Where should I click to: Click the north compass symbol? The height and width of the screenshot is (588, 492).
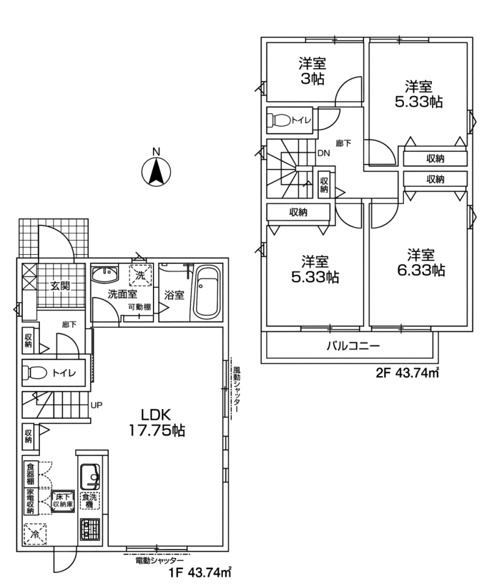156,171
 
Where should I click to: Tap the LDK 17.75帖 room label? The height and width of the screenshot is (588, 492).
157,422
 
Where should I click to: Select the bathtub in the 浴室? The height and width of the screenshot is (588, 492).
206,293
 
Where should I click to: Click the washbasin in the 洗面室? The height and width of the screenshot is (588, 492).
105,275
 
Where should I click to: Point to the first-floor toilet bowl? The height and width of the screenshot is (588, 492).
35,373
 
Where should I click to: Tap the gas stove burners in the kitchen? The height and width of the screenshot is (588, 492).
90,529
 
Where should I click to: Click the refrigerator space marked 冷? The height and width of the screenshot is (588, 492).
35,534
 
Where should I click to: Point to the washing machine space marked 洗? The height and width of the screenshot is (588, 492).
140,276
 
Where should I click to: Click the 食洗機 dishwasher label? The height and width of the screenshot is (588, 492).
89,500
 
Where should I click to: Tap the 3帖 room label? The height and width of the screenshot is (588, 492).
311,71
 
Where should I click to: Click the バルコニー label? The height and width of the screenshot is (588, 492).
353,345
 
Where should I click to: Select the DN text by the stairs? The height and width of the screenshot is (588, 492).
324,153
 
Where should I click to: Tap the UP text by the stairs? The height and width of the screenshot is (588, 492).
96,405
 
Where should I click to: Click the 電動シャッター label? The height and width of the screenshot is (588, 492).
159,560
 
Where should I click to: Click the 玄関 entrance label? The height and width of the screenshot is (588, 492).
61,286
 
